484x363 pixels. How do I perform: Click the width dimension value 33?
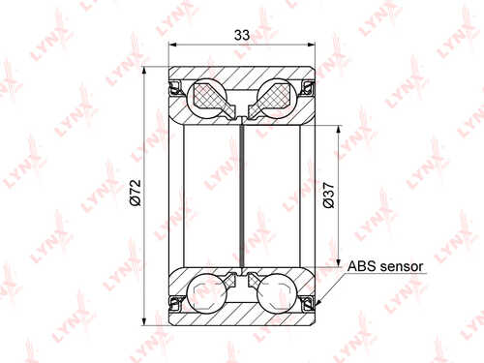click(x=242, y=35)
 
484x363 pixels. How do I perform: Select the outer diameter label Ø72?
click(x=136, y=193)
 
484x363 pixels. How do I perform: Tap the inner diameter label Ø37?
click(x=329, y=196)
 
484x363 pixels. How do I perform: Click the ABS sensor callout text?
click(x=385, y=266)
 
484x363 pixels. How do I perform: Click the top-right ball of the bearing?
click(x=277, y=98)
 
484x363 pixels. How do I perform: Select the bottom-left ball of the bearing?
click(x=207, y=293)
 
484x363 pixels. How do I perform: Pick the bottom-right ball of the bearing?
click(x=277, y=293)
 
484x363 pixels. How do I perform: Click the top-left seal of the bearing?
click(x=176, y=88)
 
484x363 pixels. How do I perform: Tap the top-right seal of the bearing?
click(x=308, y=88)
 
